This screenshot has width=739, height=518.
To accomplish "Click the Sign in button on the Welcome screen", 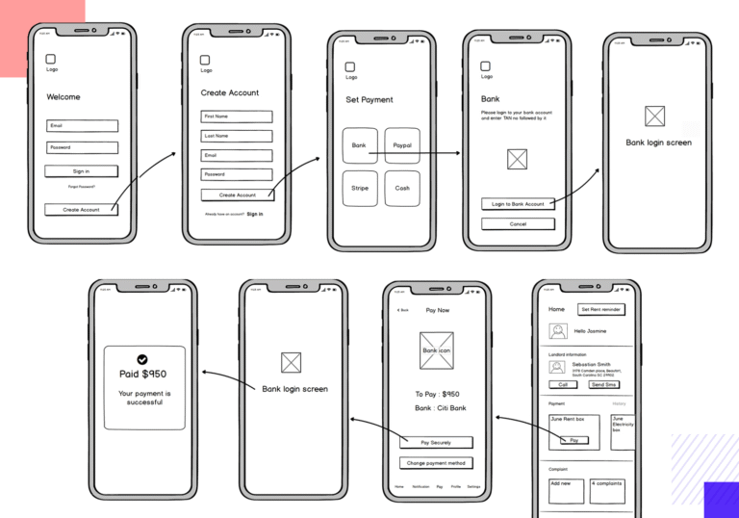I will click(x=81, y=171).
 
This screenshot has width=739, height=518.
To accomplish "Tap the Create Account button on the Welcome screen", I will click(x=81, y=209).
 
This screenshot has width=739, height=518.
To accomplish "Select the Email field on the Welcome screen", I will click(x=82, y=126).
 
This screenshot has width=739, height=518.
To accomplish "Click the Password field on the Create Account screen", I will click(x=237, y=174).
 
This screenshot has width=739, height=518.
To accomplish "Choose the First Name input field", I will click(x=237, y=117).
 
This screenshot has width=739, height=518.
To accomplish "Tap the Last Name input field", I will click(x=237, y=136).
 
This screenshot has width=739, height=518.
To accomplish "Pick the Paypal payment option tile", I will click(x=402, y=145).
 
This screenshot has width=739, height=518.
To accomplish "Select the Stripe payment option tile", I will click(x=360, y=188).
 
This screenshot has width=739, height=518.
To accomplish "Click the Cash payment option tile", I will click(x=402, y=188).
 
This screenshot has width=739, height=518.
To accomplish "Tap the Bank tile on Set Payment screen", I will click(x=360, y=145).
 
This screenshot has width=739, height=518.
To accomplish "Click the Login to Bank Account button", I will click(x=518, y=204).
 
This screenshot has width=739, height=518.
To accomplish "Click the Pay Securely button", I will click(x=436, y=443).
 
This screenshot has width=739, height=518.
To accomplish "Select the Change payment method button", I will click(x=436, y=463).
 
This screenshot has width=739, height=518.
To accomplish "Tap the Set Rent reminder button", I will click(x=600, y=310).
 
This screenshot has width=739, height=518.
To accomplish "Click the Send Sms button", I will click(x=603, y=384).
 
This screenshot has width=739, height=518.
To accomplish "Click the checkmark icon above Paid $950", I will click(x=142, y=359).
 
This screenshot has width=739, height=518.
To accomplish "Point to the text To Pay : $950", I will click(x=437, y=394).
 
